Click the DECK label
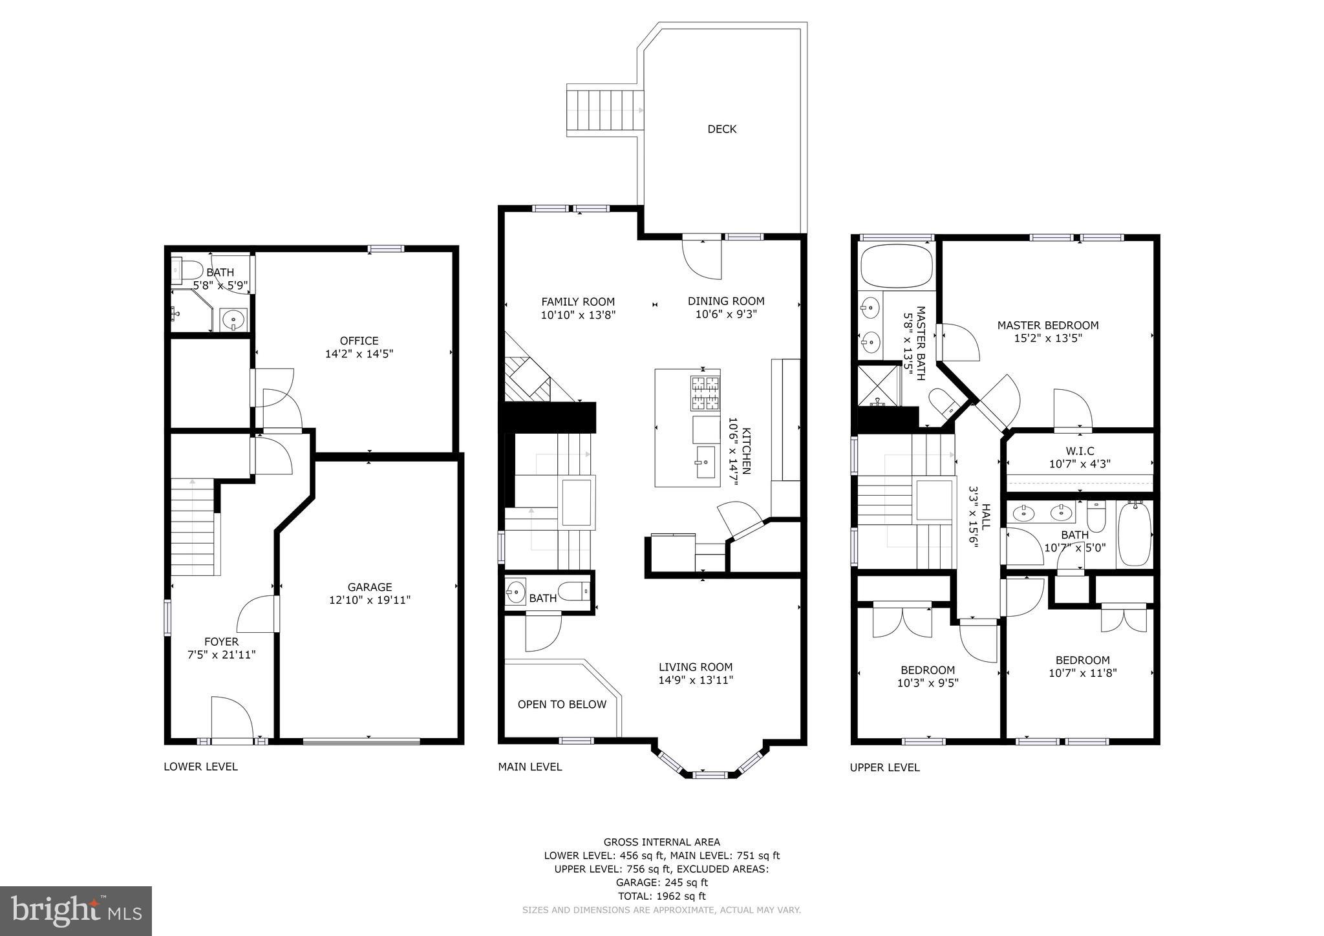point(721,129)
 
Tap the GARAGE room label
point(370,587)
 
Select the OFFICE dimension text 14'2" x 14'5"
point(359,354)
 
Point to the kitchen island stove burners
point(705,393)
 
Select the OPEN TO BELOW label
point(562,705)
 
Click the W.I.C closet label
point(1080,451)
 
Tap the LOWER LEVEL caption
point(200,767)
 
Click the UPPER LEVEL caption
point(884,767)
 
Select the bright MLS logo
point(76,911)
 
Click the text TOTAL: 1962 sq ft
point(661,896)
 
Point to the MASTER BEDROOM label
point(1047,325)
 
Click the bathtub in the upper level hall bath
point(1134,534)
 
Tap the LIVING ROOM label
point(696,667)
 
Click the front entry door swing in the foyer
point(231,718)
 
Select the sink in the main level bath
point(516,591)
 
